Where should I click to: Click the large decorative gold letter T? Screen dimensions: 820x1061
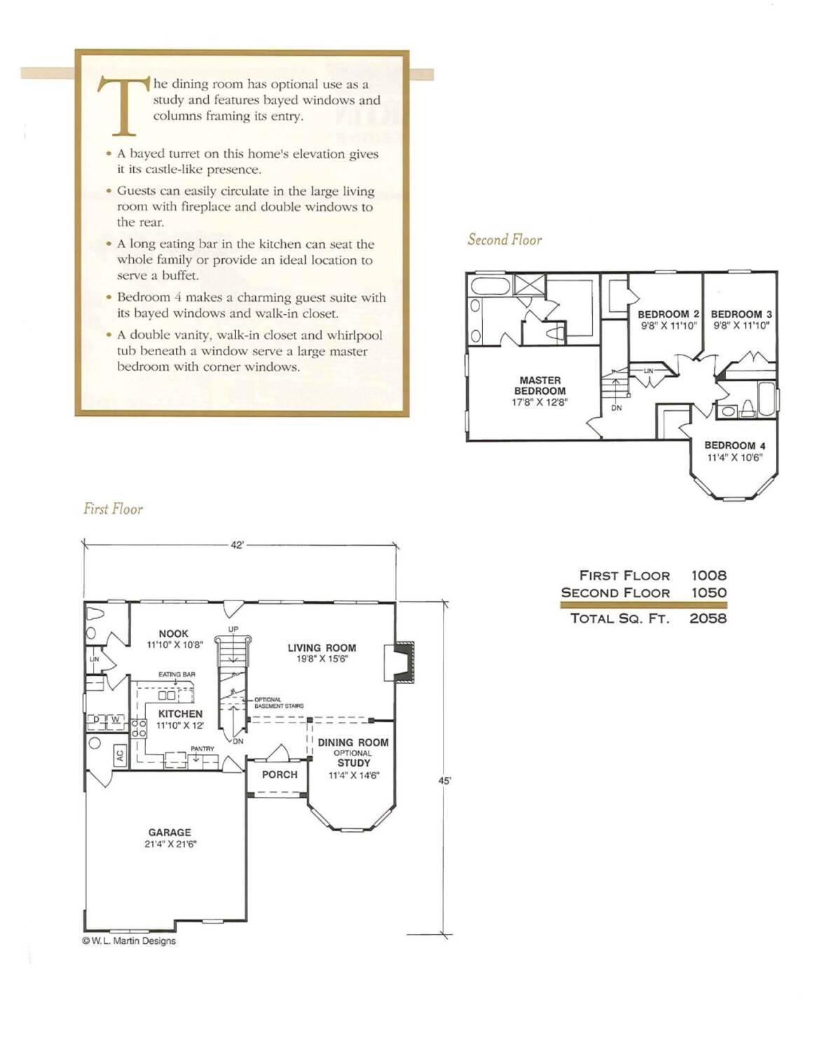pos(124,105)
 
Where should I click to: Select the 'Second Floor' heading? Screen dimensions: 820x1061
pos(505,239)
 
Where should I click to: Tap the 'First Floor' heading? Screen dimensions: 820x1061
pos(114,509)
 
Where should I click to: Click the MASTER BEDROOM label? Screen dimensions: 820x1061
pos(540,385)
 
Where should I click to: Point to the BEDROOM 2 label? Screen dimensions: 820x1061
pos(669,314)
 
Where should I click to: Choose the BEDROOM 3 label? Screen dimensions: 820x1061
pos(742,314)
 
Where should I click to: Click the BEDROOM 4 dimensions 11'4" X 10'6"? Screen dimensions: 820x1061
pos(734,458)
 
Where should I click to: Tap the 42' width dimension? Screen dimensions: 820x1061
pos(237,545)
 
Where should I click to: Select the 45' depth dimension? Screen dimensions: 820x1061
pos(444,781)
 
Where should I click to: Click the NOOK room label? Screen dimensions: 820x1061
pos(173,634)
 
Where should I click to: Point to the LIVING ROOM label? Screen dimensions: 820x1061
pos(322,648)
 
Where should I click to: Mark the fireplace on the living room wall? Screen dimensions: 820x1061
pos(399,661)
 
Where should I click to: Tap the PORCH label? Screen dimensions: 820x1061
pos(280,775)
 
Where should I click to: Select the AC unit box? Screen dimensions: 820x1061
pos(120,756)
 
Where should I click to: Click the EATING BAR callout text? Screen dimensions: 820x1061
pos(177,674)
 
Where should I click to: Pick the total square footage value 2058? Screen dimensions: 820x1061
pos(708,619)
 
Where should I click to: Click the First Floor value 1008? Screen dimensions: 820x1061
pos(709,575)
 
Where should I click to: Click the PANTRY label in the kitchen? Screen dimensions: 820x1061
pos(202,748)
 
